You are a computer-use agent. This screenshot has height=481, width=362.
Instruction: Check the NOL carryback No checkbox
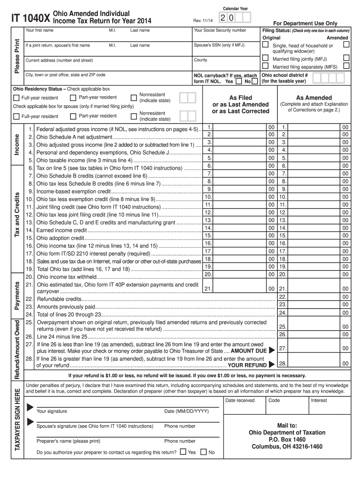click(254, 82)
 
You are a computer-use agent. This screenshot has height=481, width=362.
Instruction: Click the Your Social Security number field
click(220, 31)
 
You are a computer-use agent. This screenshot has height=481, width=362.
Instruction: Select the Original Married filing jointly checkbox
click(265, 59)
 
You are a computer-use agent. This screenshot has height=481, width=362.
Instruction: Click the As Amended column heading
click(314, 98)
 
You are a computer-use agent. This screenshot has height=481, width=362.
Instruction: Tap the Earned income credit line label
click(62, 230)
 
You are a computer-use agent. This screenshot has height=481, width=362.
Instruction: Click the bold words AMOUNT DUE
click(249, 351)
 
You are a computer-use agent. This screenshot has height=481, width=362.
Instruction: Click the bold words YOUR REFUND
click(247, 365)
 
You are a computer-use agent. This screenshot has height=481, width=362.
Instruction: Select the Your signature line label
click(52, 411)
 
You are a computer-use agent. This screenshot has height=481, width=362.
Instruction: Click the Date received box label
click(240, 400)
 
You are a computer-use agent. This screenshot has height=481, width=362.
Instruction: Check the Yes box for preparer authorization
click(183, 452)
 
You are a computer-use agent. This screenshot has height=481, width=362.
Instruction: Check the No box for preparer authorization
click(204, 452)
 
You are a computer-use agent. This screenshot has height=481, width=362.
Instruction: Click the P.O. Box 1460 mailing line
click(287, 440)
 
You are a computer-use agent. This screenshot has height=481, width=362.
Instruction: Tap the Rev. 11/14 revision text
click(203, 20)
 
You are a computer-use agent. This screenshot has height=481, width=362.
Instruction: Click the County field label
click(201, 60)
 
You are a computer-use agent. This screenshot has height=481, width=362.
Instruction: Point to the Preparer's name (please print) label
click(69, 441)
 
